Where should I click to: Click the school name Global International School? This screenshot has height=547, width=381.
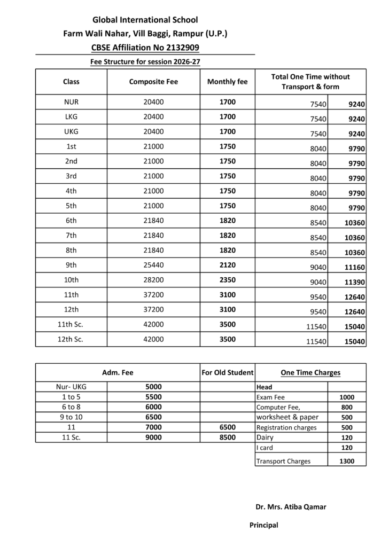tap(145, 20)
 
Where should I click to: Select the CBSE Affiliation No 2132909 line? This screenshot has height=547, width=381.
tap(145, 48)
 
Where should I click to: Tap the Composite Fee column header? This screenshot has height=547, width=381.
tap(153, 82)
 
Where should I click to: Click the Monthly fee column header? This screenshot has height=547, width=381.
tap(227, 82)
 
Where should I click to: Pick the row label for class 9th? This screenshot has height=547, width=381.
tap(71, 264)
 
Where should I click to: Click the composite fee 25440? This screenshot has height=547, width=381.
tap(153, 264)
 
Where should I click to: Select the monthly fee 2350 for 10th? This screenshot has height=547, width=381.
tap(227, 279)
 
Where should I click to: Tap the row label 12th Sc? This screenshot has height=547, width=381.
tap(71, 339)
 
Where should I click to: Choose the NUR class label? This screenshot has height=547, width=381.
tap(71, 101)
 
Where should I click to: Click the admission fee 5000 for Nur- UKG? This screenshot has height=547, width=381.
tap(153, 387)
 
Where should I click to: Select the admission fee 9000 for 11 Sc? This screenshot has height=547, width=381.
tap(153, 437)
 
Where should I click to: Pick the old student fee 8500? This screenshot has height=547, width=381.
tap(227, 437)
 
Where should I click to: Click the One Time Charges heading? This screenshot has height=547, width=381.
tap(310, 372)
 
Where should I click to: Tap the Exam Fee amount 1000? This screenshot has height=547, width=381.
tap(346, 397)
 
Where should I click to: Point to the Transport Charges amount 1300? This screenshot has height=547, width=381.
tap(346, 461)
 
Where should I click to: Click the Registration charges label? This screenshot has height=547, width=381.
tap(286, 427)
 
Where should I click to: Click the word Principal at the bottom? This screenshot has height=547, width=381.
tap(264, 525)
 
